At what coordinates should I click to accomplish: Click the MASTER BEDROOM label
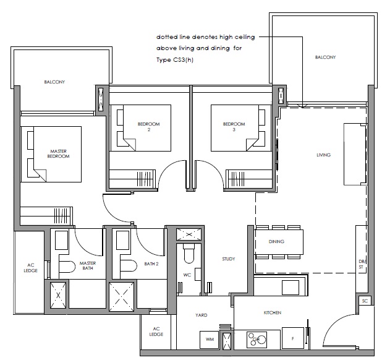pos(58,154)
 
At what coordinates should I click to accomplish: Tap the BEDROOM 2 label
pos(148,127)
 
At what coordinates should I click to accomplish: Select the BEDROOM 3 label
pos(234,127)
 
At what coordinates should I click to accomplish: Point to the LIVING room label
pos(323,155)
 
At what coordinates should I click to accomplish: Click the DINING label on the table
pos(276,241)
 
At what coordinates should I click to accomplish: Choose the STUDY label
pos(229,259)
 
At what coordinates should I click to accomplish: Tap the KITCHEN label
pos(273,313)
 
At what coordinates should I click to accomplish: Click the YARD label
pos(202,315)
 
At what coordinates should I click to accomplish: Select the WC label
pos(187,275)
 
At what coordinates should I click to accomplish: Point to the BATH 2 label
pos(151,264)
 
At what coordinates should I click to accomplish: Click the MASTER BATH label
pos(88,266)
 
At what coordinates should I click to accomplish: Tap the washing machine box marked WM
pos(210,340)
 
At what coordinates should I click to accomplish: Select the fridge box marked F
pos(293,338)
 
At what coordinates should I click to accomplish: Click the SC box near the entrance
pos(365,301)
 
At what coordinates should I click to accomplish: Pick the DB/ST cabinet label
pos(362,264)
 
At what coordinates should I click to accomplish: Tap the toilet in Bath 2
pos(129,266)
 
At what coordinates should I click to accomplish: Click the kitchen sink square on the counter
pos(291,288)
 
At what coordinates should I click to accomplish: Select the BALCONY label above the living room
pos(325,58)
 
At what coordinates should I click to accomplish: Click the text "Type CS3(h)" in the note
pos(175,60)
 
